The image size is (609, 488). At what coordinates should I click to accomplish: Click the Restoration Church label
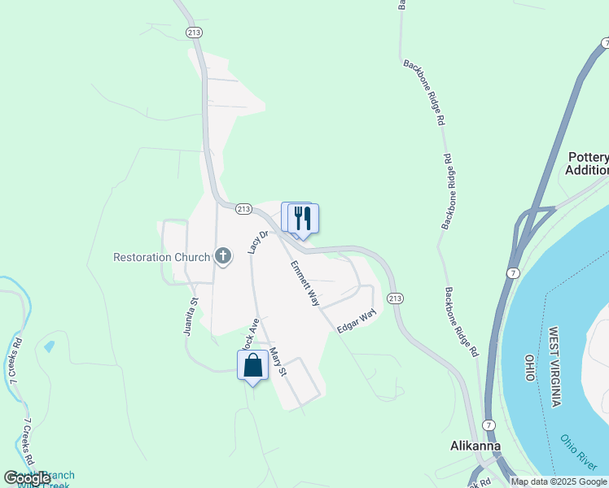coord(161,258)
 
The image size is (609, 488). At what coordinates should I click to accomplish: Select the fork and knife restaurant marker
coord(303,219)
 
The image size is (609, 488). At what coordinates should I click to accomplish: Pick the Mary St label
coord(278,362)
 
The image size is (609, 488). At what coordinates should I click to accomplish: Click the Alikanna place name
coord(475,446)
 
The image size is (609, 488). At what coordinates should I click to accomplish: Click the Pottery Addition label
coord(589,163)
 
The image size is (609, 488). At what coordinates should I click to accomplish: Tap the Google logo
coord(27,478)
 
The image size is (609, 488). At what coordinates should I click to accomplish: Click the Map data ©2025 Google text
coord(559,481)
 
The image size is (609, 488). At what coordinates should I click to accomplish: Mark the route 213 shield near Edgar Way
coord(395,298)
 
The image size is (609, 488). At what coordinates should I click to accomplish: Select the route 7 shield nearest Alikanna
coord(488,426)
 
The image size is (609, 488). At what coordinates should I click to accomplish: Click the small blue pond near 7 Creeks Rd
coord(50,346)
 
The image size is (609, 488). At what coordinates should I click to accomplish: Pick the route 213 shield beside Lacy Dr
coord(243,209)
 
